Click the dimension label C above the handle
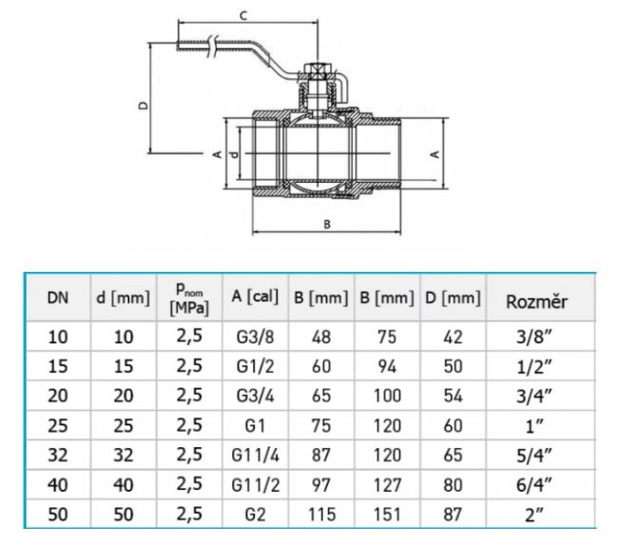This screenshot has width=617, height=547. [243, 16]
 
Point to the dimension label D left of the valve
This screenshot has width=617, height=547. [144, 106]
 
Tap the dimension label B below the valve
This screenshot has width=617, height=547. [327, 225]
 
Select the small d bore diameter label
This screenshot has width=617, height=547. [235, 154]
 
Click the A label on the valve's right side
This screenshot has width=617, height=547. [435, 154]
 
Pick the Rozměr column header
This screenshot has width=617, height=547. [536, 302]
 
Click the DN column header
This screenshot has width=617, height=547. [58, 298]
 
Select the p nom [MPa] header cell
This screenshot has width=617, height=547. [189, 299]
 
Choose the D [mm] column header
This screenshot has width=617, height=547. [453, 298]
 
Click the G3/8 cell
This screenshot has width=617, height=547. [255, 337]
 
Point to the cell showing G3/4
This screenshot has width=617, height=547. [255, 396]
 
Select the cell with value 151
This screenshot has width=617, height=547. [387, 515]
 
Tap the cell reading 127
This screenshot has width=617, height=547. [387, 485]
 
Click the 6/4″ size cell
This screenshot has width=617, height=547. [534, 485]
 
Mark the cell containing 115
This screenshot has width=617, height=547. [321, 515]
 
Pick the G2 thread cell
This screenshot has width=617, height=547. [255, 515]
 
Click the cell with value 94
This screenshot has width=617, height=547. [387, 366]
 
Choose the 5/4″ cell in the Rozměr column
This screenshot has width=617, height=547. [534, 456]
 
